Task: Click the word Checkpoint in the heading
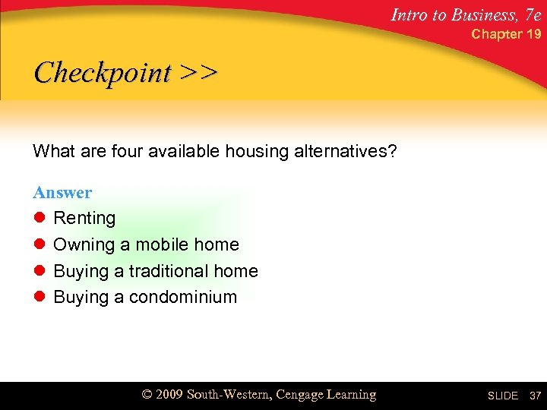point(103,74)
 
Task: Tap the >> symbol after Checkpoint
point(199,73)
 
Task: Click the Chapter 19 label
point(507,34)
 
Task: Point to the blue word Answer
point(62,193)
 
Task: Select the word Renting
point(84,219)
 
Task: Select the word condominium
point(183,297)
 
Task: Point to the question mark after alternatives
point(392,152)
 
